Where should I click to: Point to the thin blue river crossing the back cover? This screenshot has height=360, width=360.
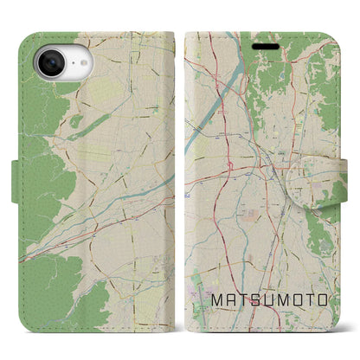click(130, 194)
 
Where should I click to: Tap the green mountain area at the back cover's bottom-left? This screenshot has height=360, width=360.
click(52, 303)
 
